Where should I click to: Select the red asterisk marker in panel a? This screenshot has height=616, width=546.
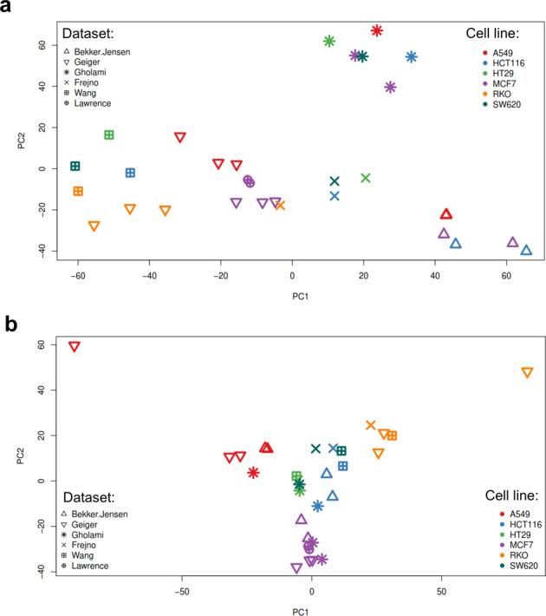click(x=377, y=30)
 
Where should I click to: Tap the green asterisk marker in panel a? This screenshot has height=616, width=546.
click(x=329, y=41)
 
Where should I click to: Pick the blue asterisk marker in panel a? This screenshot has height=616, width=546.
click(x=412, y=57)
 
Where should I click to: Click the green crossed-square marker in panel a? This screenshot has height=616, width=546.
click(x=109, y=134)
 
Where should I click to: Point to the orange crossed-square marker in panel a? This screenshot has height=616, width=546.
click(x=78, y=191)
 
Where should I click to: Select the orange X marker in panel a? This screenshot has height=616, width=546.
click(x=280, y=206)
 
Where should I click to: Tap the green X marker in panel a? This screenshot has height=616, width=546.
click(x=366, y=178)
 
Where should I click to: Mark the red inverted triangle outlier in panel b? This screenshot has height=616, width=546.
click(x=75, y=346)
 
